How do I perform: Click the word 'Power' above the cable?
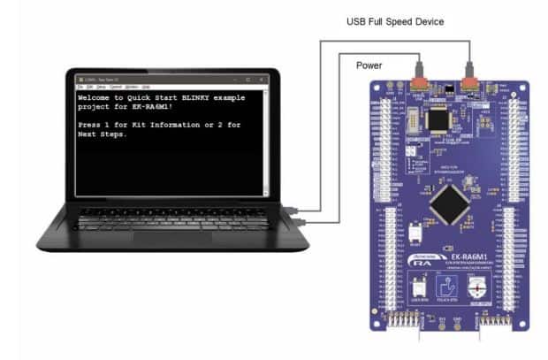tap(369, 65)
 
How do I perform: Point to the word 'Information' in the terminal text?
tap(188, 126)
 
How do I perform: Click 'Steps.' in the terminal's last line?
tap(126, 135)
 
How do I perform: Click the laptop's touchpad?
tap(172, 238)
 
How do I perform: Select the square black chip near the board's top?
tap(438, 119)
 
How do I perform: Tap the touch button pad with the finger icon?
tap(451, 287)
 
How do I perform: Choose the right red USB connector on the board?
tap(468, 85)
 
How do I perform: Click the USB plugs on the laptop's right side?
tap(301, 213)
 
